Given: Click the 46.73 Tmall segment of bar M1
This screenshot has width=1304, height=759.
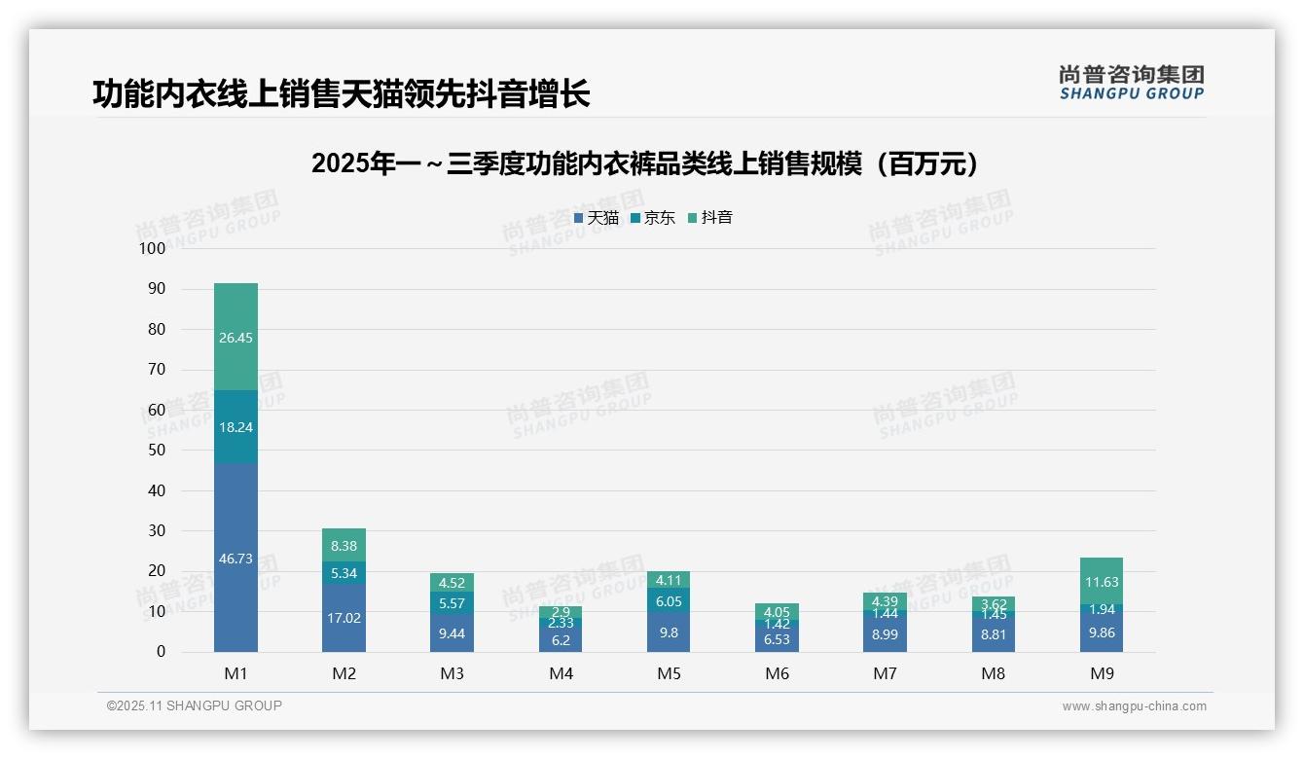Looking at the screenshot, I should pos(235,559).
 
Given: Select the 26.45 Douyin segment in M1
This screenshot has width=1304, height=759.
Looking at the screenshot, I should pos(235,337).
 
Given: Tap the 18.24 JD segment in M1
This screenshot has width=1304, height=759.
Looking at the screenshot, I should pos(235,427).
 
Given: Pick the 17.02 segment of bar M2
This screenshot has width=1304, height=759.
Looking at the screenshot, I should pos(344,618).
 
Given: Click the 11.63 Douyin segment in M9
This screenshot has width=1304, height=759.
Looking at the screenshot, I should pos(1101,582).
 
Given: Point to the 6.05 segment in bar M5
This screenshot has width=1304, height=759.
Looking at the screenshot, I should pos(669,601).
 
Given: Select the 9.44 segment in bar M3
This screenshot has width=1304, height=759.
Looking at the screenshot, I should pos(452,632).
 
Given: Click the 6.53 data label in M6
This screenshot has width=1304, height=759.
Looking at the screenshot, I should pos(777,639).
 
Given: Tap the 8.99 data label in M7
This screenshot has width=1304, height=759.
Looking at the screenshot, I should pos(885,633).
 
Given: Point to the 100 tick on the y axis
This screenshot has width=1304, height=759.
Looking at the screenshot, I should pos(152,249).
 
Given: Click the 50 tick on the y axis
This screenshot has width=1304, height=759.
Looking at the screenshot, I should pos(156,451).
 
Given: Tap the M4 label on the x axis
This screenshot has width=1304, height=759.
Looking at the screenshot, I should pos(561,673).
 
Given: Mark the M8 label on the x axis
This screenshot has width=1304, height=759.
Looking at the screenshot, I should pos(993,673).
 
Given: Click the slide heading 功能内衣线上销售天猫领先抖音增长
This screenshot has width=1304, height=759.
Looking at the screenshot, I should pos(341,94).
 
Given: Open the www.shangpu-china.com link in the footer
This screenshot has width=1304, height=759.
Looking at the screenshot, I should pos(1134,706).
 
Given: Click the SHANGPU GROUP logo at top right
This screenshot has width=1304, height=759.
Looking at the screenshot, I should pos(1131,83).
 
